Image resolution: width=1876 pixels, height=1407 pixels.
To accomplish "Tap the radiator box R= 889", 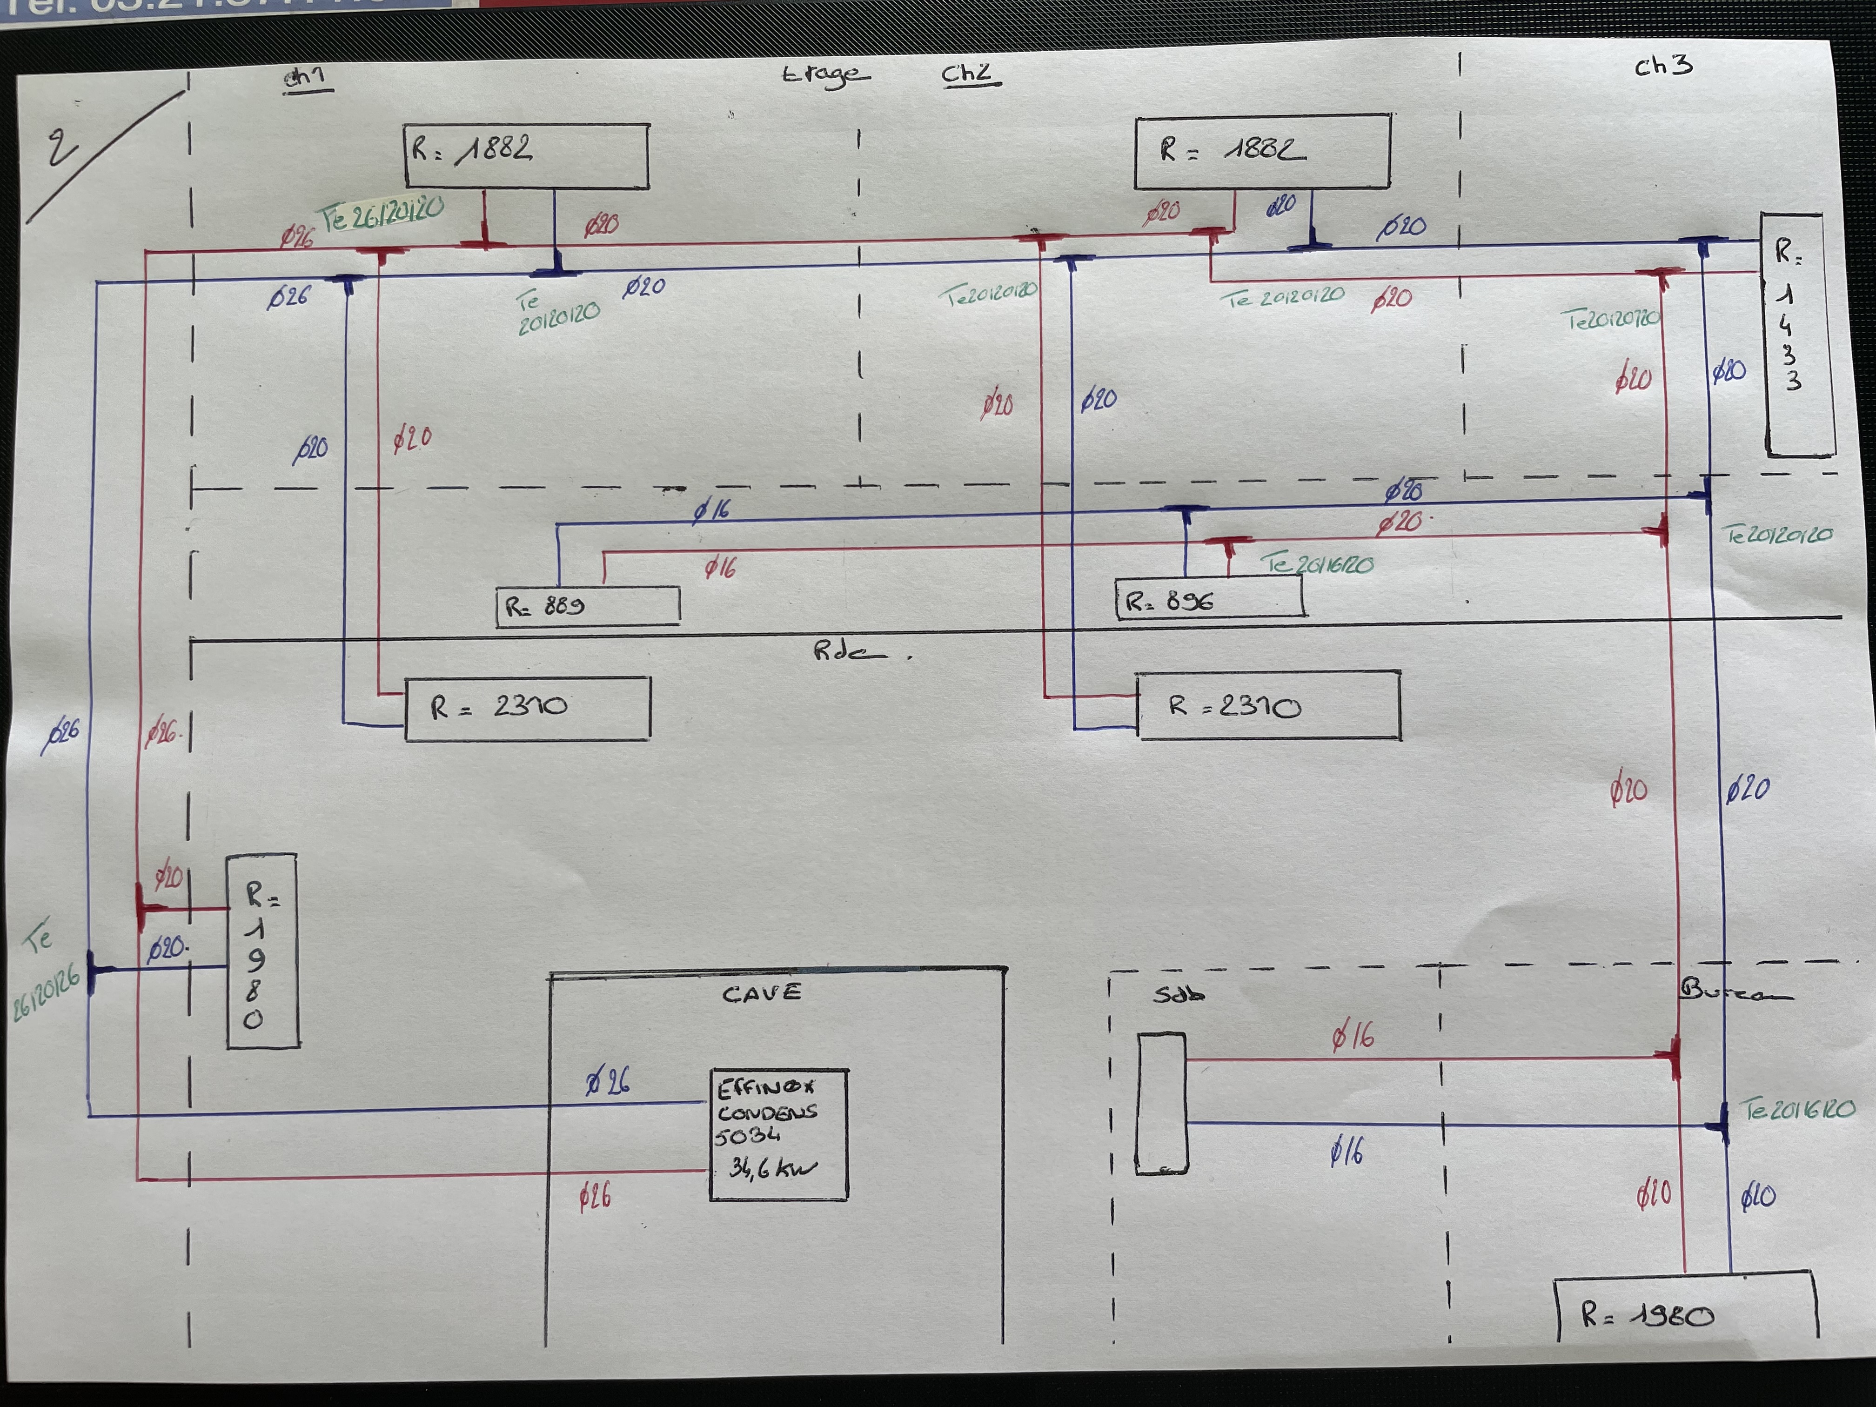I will pyautogui.click(x=587, y=606).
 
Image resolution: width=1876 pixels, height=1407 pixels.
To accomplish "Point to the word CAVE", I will pyautogui.click(x=761, y=993).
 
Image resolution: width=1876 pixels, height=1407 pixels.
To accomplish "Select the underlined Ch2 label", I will pyautogui.click(x=969, y=74).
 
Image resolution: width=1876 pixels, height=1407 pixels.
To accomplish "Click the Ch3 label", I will pyautogui.click(x=1662, y=66).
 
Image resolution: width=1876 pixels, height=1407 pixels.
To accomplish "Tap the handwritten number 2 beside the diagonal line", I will pyautogui.click(x=61, y=148).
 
